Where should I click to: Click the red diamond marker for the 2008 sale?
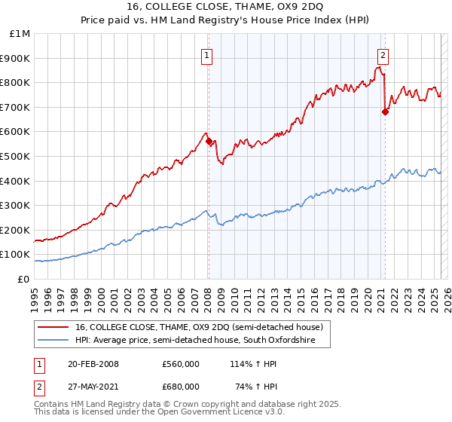click(x=209, y=141)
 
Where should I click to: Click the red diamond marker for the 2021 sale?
click(x=385, y=112)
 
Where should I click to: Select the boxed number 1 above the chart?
click(x=206, y=54)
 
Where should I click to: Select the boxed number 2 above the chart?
click(x=383, y=54)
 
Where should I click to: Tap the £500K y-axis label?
click(x=16, y=157)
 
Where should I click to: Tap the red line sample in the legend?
click(x=53, y=327)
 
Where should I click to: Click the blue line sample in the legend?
click(x=53, y=341)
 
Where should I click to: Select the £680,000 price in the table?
click(x=180, y=387)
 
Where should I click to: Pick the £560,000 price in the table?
click(x=180, y=365)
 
